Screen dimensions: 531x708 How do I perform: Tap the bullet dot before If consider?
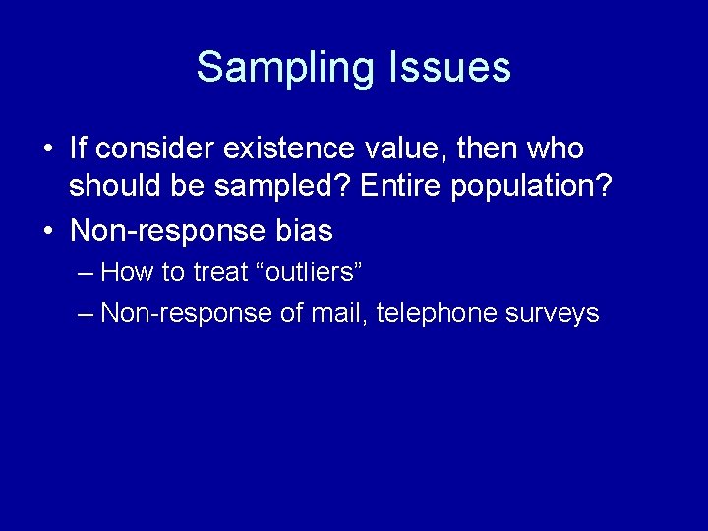click(x=48, y=150)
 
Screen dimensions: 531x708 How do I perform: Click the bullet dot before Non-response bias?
click(x=48, y=232)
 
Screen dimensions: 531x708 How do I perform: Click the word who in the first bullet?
click(x=557, y=149)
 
